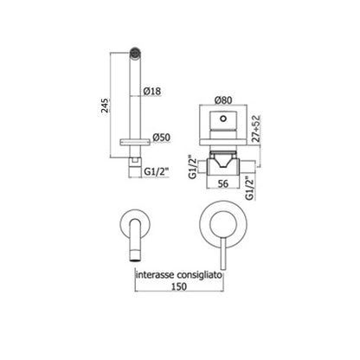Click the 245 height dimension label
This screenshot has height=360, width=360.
click(x=106, y=106)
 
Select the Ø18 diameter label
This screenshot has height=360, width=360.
click(x=152, y=91)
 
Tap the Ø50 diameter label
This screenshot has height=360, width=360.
click(x=162, y=138)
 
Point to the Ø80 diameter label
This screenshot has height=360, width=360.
click(x=223, y=100)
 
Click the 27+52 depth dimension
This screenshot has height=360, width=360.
click(x=255, y=128)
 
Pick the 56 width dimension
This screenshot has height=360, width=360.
click(x=223, y=183)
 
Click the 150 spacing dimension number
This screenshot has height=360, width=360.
click(x=179, y=286)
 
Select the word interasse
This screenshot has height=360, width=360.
click(x=155, y=274)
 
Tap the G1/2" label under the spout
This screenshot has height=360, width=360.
click(x=156, y=172)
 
